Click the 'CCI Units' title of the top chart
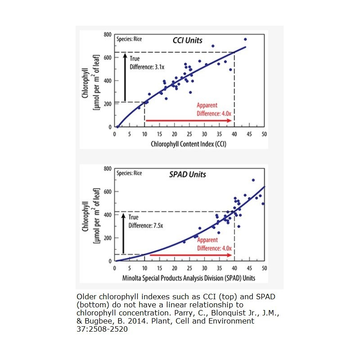pos(188,40)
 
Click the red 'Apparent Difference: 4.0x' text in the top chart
pos(214,109)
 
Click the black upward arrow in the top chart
pos(125,77)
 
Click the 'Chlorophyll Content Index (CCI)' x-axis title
pos(189,144)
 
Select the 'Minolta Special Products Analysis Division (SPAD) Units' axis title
pos(189,278)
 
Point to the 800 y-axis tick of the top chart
pos(107,35)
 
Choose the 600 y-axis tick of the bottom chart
pos(107,192)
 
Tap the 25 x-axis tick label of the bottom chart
pos(189,268)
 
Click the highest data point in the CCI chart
pos(245,39)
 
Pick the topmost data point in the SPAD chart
pos(253,180)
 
